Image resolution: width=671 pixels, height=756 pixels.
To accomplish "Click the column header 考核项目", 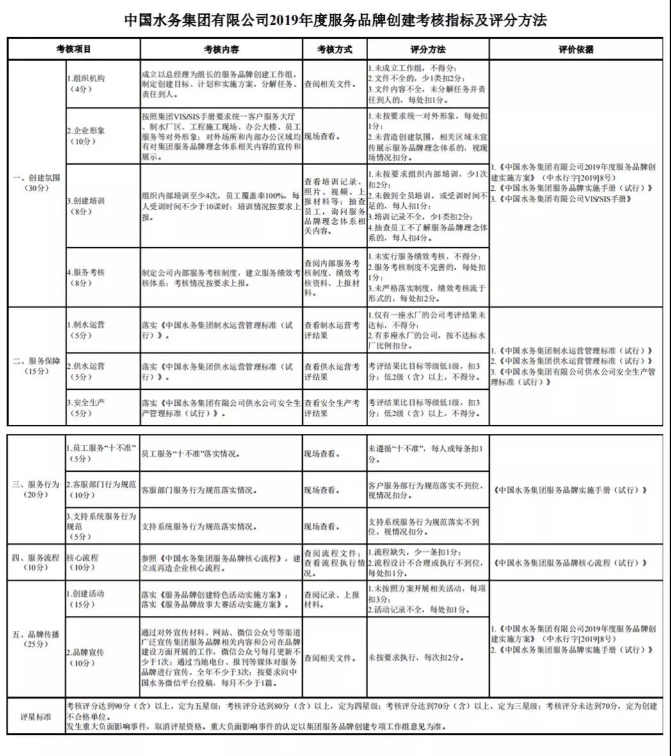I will coord(73,49).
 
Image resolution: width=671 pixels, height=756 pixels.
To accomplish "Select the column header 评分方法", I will coord(427,49).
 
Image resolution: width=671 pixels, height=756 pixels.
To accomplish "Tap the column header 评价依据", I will coord(576,49).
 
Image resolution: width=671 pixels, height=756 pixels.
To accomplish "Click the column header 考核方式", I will coord(334,49).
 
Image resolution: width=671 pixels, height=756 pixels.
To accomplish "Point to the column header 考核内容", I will coord(221,49).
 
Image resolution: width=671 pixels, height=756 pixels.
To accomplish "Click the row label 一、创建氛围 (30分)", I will coord(36,183).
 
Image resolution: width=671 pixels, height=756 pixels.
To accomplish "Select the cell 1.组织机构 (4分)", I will coord(86,83).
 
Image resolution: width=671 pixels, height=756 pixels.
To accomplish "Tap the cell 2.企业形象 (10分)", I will coord(86,136).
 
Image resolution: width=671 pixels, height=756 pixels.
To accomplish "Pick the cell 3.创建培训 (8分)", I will coord(86,205).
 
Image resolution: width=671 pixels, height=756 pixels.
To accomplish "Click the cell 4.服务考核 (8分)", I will coord(86,277).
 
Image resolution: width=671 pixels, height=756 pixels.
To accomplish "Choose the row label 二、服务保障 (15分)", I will coord(36,366).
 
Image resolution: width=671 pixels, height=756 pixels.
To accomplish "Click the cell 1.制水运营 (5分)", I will coord(86,330).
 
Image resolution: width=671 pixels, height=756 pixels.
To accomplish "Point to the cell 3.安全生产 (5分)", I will coord(86,408).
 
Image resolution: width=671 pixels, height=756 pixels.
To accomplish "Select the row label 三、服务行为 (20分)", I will coord(36,490).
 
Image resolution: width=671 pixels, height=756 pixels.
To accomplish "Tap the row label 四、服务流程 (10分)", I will coord(36,563).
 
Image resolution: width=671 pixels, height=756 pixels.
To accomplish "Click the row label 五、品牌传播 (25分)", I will coord(36,639).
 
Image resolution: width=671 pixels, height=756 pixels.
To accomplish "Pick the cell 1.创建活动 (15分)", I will coord(86,599).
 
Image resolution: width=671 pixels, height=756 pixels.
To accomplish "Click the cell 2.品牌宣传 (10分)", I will coord(86,657).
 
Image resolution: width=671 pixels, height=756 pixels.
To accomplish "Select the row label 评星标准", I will coord(36,716).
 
